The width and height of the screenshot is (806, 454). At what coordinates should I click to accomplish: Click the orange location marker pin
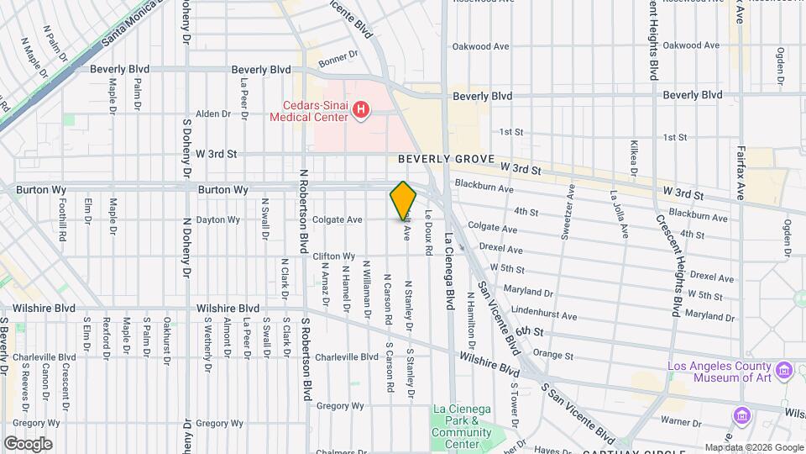tap(403, 202)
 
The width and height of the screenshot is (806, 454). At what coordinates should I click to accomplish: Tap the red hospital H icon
tap(361, 109)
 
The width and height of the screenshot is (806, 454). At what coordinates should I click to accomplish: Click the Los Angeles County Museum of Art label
tap(720, 372)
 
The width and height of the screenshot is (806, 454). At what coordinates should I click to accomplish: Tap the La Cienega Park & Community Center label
tap(461, 426)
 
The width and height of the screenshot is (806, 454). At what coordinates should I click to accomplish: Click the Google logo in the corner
tap(28, 443)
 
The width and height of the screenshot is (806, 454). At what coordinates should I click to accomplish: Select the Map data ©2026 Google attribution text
tap(754, 447)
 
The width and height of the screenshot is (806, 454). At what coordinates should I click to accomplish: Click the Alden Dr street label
tap(212, 113)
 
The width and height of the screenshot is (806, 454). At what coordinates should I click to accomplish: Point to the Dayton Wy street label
tap(217, 220)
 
